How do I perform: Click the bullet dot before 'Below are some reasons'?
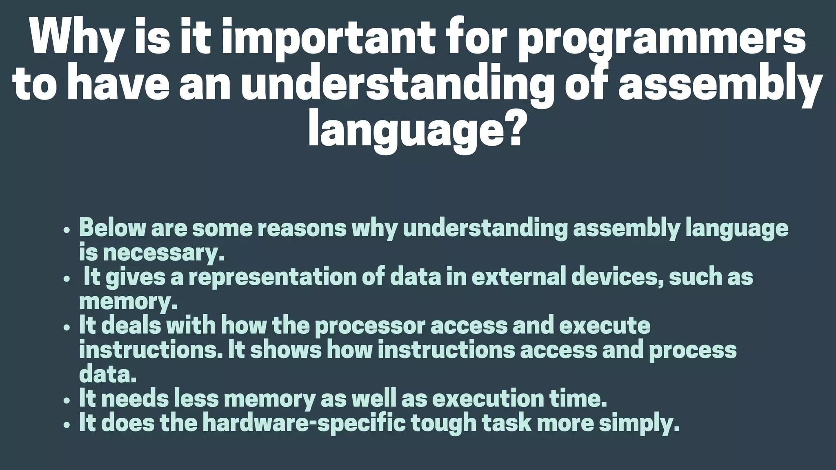[x=67, y=230]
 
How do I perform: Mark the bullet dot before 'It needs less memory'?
[x=67, y=400]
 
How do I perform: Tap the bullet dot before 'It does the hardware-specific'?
[x=67, y=425]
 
